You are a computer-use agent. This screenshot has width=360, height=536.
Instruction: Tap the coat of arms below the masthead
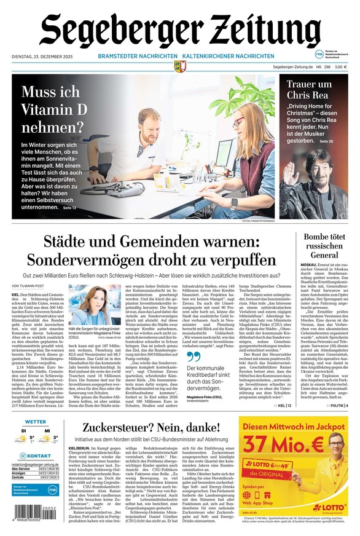(179, 66)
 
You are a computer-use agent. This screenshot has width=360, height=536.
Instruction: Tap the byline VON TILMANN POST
(28, 286)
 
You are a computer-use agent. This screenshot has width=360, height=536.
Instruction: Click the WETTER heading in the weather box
(36, 422)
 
